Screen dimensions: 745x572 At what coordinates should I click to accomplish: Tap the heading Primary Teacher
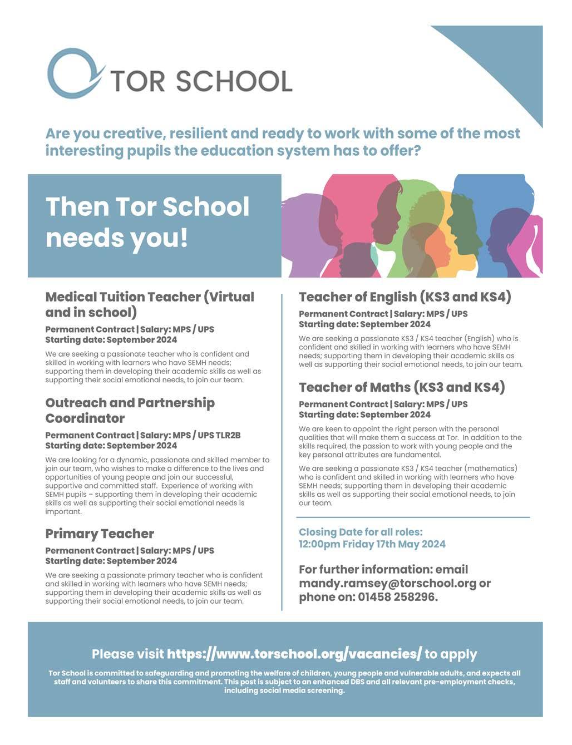tap(100, 534)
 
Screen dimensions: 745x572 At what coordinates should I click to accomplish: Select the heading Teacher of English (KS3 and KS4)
tap(405, 297)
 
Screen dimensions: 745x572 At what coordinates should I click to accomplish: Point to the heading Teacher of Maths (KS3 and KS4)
tap(402, 387)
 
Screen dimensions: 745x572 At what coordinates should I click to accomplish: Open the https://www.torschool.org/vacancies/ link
tap(294, 654)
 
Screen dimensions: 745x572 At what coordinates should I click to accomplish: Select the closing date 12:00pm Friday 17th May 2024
tap(372, 544)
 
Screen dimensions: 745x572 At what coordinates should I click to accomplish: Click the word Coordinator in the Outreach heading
tap(85, 418)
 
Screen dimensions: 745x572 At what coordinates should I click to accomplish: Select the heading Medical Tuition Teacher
tap(149, 297)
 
